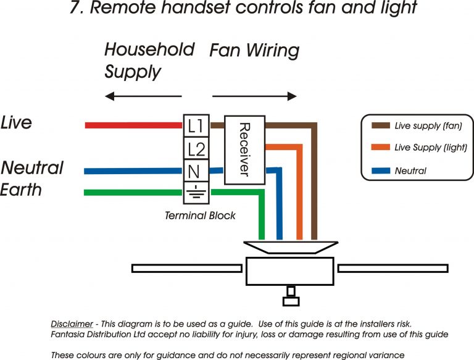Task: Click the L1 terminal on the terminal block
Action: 196,125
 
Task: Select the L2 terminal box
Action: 196,149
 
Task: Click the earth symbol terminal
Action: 196,192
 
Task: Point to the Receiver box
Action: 244,149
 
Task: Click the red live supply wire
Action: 133,125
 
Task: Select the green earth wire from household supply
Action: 133,193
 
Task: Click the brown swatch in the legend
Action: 380,126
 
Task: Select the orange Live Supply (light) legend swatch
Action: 380,148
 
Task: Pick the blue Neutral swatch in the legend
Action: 380,170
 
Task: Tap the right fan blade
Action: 393,268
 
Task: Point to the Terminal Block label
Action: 200,216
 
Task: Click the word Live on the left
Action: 16,123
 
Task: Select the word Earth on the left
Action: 21,189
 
